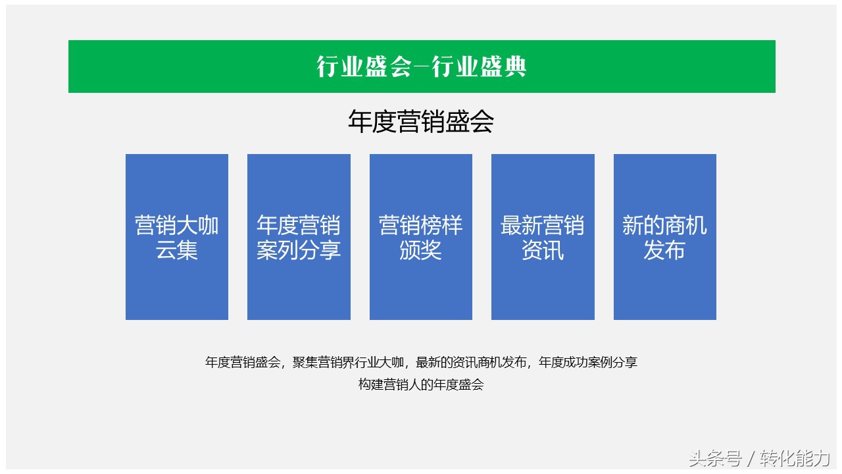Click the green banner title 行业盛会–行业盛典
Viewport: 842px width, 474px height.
coord(421,66)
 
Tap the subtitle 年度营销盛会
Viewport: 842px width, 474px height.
coord(421,122)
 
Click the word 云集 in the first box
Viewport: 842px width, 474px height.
coord(177,251)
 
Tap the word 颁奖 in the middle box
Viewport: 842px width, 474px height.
coord(421,251)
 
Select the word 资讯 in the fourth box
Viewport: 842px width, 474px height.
coord(543,251)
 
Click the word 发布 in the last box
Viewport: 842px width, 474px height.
coord(664,251)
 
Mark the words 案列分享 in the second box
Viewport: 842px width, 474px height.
coord(299,251)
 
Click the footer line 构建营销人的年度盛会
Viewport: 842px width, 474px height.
coord(421,385)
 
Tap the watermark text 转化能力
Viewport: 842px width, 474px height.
coord(795,458)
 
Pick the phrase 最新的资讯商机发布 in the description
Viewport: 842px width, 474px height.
coord(472,362)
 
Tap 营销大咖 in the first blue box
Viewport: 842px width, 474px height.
coord(177,226)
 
